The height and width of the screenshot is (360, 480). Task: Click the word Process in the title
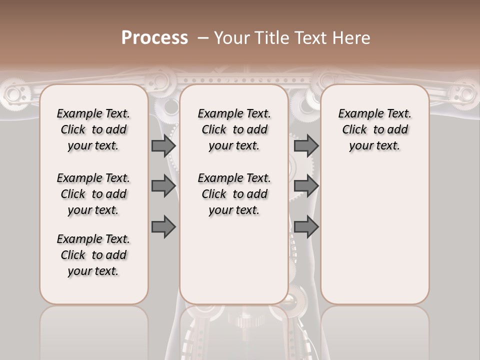[154, 37]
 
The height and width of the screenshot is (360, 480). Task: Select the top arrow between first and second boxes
[163, 146]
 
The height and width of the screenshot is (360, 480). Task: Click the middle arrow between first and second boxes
[163, 186]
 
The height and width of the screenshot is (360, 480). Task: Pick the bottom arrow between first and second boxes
[163, 227]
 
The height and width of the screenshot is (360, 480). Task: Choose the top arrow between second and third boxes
[306, 146]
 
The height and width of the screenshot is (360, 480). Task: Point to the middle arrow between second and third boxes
[306, 186]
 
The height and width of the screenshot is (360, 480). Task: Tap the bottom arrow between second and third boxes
[306, 227]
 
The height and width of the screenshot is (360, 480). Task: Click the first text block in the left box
[93, 129]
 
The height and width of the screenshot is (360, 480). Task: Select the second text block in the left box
[93, 194]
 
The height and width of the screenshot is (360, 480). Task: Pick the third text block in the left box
[93, 255]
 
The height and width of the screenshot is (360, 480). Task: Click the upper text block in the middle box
[234, 129]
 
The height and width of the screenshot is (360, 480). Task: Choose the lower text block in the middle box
[234, 194]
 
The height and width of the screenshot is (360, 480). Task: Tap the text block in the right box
[375, 129]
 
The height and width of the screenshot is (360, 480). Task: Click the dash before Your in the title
[203, 37]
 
